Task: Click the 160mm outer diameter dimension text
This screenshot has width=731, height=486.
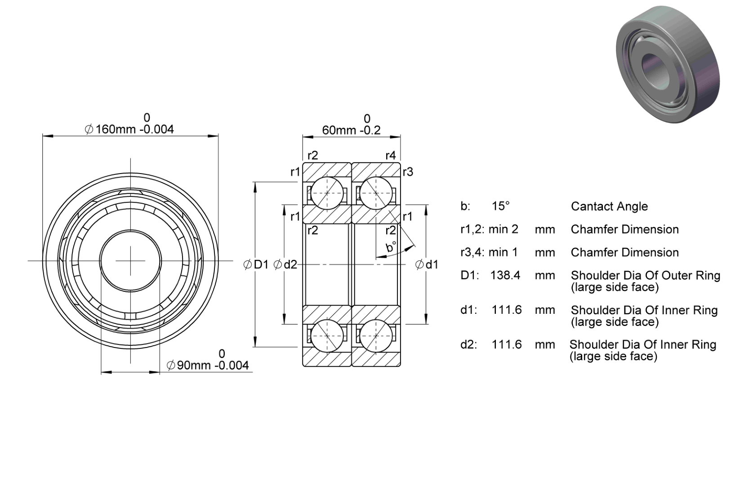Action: [129, 129]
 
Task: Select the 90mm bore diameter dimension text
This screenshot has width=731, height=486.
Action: [208, 365]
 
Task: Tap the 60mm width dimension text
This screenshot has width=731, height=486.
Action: [351, 130]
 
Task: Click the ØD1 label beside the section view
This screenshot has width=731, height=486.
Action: [256, 264]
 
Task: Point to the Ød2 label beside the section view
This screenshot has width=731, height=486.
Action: [285, 264]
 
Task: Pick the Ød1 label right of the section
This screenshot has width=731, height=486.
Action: [427, 264]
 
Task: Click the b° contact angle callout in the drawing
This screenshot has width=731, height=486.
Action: [391, 247]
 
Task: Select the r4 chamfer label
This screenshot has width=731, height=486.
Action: [391, 156]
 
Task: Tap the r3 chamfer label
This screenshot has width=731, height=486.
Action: [408, 172]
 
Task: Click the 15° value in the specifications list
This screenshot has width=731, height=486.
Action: [501, 206]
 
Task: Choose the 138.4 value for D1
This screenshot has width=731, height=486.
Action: [505, 275]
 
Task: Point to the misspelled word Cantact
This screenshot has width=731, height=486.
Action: [589, 206]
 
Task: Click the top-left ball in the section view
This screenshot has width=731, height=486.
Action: [327, 193]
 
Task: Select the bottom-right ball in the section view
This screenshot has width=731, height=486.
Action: [376, 336]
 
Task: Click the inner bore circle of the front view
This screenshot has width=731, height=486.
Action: [130, 230]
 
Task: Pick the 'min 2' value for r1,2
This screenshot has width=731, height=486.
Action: [503, 229]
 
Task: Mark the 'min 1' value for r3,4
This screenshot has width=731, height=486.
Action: [503, 252]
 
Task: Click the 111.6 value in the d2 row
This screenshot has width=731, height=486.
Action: [507, 344]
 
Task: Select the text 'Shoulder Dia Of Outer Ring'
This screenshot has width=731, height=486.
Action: [646, 276]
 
